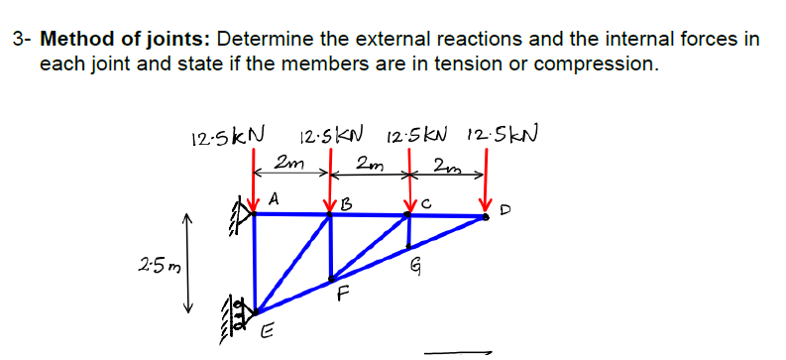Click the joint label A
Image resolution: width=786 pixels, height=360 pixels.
tap(274, 197)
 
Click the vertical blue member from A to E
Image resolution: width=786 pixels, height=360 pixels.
tap(256, 263)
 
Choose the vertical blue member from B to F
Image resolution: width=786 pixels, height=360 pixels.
tap(331, 248)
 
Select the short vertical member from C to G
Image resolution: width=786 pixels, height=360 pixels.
tap(408, 231)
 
